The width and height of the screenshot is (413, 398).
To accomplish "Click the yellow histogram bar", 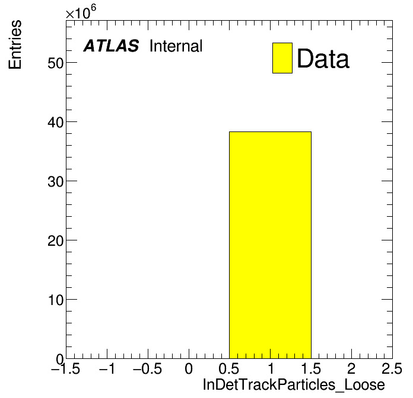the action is (x=270, y=245).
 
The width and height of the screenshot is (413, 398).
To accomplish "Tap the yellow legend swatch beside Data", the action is (x=282, y=58).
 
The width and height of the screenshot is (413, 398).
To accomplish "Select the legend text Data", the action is (x=323, y=59).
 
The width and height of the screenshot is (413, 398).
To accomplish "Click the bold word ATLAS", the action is (x=111, y=46).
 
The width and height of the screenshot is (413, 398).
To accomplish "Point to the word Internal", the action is (x=176, y=46).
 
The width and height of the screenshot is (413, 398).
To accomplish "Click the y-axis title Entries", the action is (x=15, y=44).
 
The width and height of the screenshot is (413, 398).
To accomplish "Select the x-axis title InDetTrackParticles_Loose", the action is (x=294, y=385).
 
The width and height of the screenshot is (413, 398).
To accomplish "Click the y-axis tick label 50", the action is (x=56, y=63).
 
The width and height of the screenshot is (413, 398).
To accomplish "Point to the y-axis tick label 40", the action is (x=56, y=122).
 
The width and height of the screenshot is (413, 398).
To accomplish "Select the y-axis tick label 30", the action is (x=56, y=181).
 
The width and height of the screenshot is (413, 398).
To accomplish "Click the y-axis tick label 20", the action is (x=56, y=240).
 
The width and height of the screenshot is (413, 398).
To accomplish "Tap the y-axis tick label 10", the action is (x=56, y=300).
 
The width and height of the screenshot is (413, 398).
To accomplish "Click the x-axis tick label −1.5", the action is (x=66, y=369).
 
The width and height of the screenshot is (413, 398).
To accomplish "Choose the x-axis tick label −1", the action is (x=107, y=369).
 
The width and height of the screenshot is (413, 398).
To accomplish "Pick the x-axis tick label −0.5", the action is (x=148, y=369).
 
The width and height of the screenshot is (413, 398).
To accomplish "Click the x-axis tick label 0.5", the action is (x=229, y=369).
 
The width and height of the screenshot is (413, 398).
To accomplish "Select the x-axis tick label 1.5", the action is (x=311, y=369).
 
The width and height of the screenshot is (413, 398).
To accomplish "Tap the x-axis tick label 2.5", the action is (x=392, y=369).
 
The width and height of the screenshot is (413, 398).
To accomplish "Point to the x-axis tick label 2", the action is (x=351, y=369).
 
